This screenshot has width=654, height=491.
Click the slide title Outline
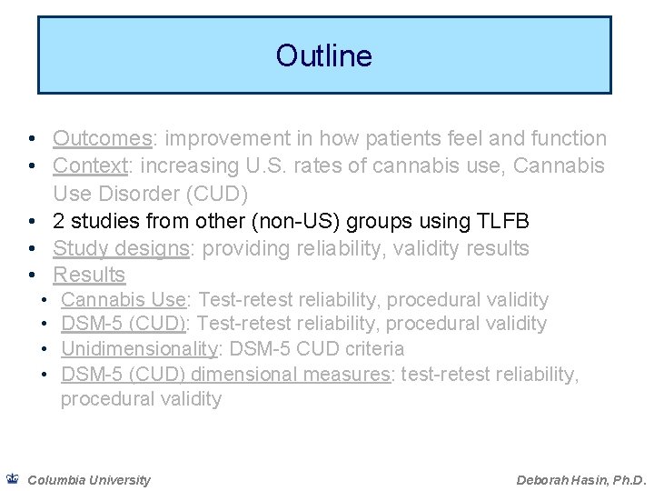(324, 56)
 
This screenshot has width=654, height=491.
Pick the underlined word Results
(89, 275)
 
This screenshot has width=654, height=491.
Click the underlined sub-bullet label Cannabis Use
(123, 299)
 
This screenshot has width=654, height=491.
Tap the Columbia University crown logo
(12, 478)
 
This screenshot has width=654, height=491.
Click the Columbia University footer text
(89, 479)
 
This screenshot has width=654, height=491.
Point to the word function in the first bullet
(569, 138)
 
